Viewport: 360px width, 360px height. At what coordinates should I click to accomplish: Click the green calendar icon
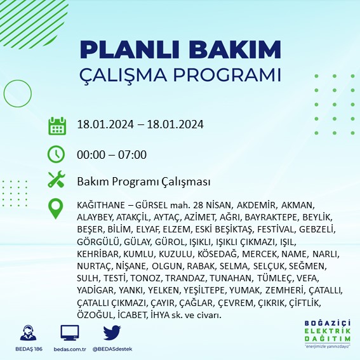click(x=57, y=125)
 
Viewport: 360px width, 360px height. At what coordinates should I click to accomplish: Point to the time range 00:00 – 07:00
click(x=111, y=154)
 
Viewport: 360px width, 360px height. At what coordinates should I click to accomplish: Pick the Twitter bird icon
click(x=112, y=333)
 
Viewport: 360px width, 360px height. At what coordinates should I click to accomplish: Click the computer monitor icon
click(x=69, y=333)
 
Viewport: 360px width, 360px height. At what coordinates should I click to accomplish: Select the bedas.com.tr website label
click(x=69, y=349)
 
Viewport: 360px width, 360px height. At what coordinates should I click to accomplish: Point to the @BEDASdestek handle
click(x=112, y=349)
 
